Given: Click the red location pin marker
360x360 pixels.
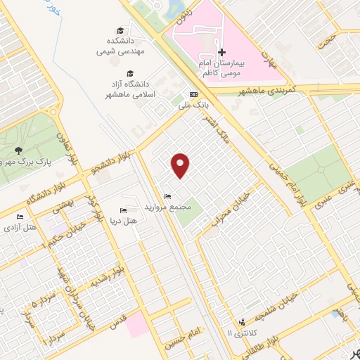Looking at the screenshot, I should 181,165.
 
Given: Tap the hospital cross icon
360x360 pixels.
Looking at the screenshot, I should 221,52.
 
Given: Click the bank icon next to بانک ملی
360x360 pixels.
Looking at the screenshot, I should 193,95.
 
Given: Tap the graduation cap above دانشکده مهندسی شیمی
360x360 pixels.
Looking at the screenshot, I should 120,30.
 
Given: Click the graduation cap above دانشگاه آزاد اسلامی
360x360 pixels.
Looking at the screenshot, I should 129,73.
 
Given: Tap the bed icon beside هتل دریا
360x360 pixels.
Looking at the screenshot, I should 123,210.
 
